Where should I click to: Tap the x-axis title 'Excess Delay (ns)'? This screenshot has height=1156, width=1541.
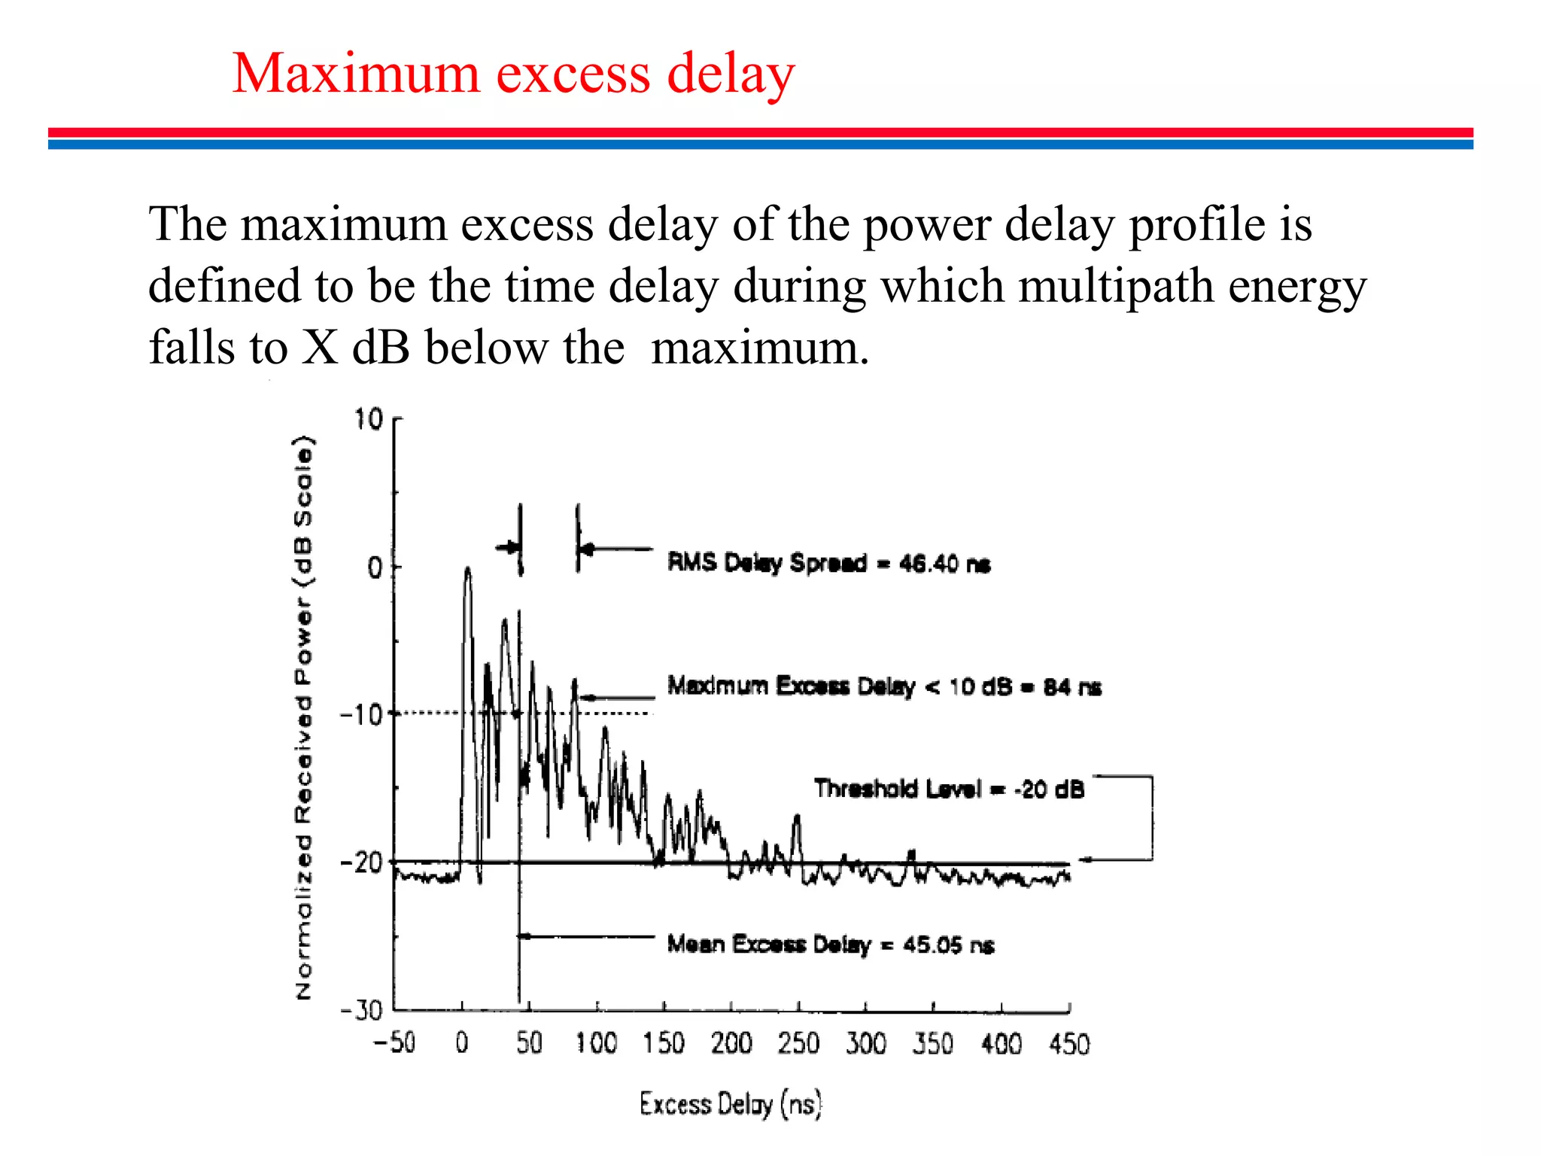[x=731, y=1104]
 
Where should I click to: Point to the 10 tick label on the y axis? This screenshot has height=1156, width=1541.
[x=369, y=420]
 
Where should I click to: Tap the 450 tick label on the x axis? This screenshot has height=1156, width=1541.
[x=1069, y=1044]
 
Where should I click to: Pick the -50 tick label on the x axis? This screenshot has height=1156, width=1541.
[x=394, y=1043]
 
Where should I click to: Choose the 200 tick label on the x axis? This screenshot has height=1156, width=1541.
[x=731, y=1044]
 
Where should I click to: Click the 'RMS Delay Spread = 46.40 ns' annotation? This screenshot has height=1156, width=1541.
[x=828, y=563]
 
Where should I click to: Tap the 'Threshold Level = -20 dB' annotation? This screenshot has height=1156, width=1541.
[x=949, y=789]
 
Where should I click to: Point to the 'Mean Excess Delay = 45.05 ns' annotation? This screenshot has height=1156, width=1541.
[x=831, y=944]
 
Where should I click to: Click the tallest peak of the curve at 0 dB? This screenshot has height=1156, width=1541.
[x=468, y=570]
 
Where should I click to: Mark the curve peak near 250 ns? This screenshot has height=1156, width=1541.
[x=798, y=817]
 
